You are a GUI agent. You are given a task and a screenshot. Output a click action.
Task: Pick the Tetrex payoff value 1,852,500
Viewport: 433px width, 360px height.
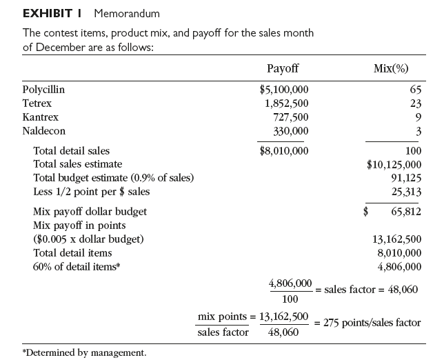(x=287, y=103)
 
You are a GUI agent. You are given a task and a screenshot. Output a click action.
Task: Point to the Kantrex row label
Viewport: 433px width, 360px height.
(x=39, y=117)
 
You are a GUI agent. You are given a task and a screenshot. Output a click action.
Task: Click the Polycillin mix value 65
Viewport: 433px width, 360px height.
(x=414, y=89)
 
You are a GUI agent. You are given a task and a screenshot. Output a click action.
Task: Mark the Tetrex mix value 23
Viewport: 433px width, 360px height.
(x=414, y=103)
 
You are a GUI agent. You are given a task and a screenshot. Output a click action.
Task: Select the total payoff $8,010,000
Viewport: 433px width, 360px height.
(x=283, y=150)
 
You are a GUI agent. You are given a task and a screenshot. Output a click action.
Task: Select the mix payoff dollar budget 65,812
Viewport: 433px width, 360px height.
(x=405, y=212)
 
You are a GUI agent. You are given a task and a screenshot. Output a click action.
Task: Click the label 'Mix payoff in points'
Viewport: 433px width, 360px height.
(x=79, y=225)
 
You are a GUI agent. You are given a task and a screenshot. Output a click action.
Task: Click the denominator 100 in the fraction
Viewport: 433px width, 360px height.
(x=290, y=299)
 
